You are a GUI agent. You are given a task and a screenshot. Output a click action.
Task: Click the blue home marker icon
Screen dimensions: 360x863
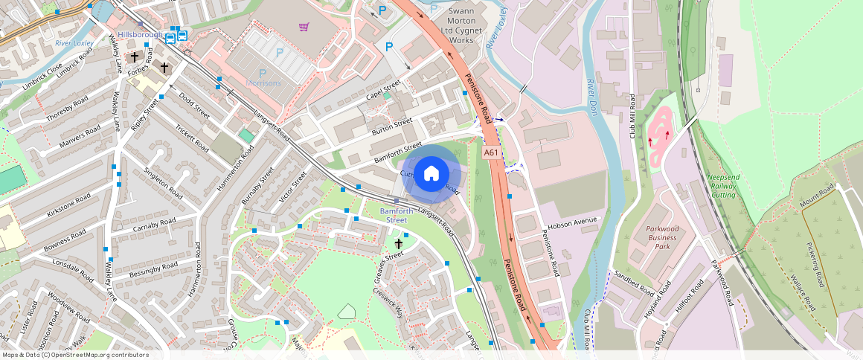pos(431,175)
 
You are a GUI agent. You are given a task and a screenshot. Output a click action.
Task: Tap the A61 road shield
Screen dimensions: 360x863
pos(490,152)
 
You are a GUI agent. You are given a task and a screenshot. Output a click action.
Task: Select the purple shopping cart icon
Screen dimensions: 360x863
pos(304,28)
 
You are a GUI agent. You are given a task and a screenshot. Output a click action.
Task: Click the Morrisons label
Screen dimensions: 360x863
pos(263,83)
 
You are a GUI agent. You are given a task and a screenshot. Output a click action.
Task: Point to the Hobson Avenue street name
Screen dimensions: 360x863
pos(573,222)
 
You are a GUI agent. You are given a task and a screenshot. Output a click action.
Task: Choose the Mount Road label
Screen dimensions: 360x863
pos(818,197)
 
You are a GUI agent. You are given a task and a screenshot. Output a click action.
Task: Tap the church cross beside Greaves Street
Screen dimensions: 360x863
pos(398,243)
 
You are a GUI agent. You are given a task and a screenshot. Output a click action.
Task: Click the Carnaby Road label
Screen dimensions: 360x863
pos(154,225)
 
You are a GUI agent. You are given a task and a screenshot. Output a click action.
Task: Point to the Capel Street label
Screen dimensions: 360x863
pos(383,92)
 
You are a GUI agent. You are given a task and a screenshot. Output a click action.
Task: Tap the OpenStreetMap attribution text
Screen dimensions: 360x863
pos(75,355)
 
